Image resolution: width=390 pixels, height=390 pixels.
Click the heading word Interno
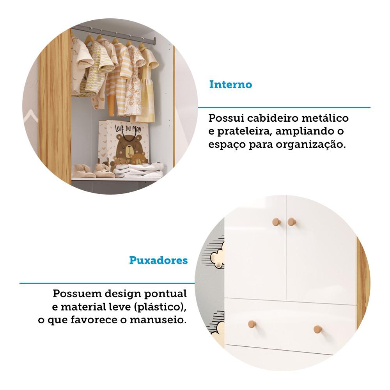click(x=230, y=85)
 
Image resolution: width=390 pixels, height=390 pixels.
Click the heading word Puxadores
click(x=158, y=261)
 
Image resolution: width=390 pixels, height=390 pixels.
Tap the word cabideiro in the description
click(x=277, y=118)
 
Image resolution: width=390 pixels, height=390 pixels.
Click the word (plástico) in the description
click(x=160, y=307)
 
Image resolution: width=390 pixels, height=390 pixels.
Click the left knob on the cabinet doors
click(x=276, y=222)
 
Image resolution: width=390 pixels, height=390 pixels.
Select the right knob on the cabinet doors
click(x=291, y=222)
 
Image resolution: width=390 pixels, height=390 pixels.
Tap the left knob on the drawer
click(x=252, y=324)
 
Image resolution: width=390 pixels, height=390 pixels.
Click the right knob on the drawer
click(x=318, y=329)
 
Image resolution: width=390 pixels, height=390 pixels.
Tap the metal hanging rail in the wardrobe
click(x=113, y=34)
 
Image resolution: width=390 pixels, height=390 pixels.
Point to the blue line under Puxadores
click(x=107, y=283)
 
